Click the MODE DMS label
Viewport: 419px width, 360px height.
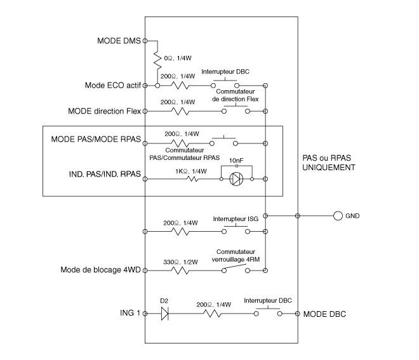click(118, 41)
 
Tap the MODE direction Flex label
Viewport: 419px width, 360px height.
click(105, 110)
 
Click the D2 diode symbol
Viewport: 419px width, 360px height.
click(166, 314)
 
